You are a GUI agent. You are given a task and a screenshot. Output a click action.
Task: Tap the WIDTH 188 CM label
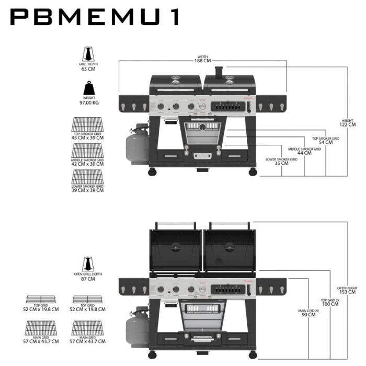203,59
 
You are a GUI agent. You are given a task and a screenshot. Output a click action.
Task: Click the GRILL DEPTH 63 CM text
88,66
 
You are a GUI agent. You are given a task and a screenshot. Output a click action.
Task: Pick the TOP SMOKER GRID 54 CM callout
325,141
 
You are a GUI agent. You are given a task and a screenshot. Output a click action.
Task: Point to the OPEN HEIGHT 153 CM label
347,290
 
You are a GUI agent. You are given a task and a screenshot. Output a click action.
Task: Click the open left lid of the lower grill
175,249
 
